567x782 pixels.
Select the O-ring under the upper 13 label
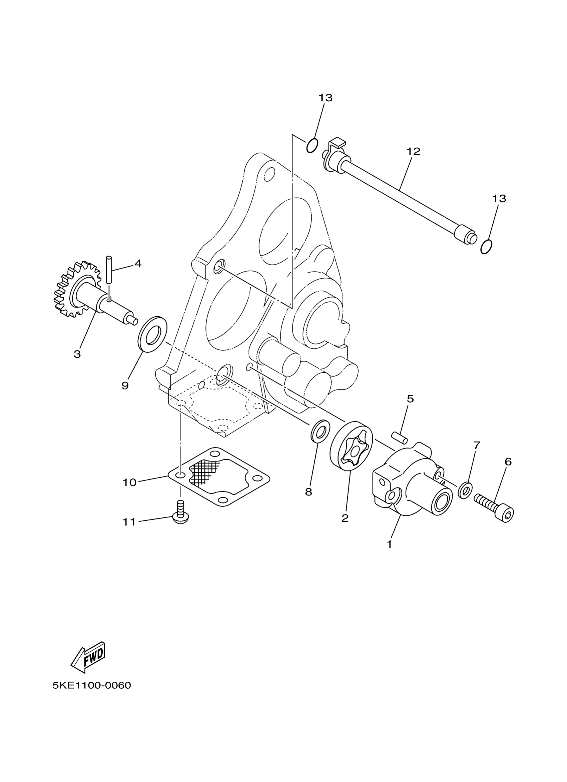[x=312, y=146]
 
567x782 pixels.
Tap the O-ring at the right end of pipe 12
[x=486, y=247]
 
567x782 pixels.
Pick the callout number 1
[x=389, y=544]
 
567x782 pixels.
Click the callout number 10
[x=129, y=482]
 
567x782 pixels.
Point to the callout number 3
[x=77, y=354]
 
